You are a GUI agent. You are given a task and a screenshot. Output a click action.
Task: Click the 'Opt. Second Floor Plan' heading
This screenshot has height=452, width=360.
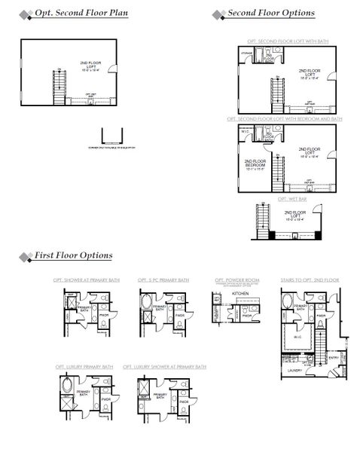coord(81,14)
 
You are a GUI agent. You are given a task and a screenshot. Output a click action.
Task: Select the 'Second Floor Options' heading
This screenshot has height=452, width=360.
coord(271,14)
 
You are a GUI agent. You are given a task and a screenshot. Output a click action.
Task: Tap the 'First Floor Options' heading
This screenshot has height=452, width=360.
coord(73,256)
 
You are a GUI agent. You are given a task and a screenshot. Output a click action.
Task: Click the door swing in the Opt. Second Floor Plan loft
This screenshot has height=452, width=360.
coord(113,69)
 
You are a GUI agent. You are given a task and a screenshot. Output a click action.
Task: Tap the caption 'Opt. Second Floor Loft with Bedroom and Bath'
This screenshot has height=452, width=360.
coord(284,119)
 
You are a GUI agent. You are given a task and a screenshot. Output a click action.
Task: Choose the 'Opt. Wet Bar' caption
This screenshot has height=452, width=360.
coord(289,198)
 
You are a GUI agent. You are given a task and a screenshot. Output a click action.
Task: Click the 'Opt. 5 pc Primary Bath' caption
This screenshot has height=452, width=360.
coord(163,280)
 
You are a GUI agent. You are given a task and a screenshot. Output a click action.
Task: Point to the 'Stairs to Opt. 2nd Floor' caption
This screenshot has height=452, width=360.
coord(309,280)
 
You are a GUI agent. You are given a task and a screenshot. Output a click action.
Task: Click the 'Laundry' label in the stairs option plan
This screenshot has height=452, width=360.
coord(294,370)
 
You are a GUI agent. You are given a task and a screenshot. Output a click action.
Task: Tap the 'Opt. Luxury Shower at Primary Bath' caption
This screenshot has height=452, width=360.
coord(164,367)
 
